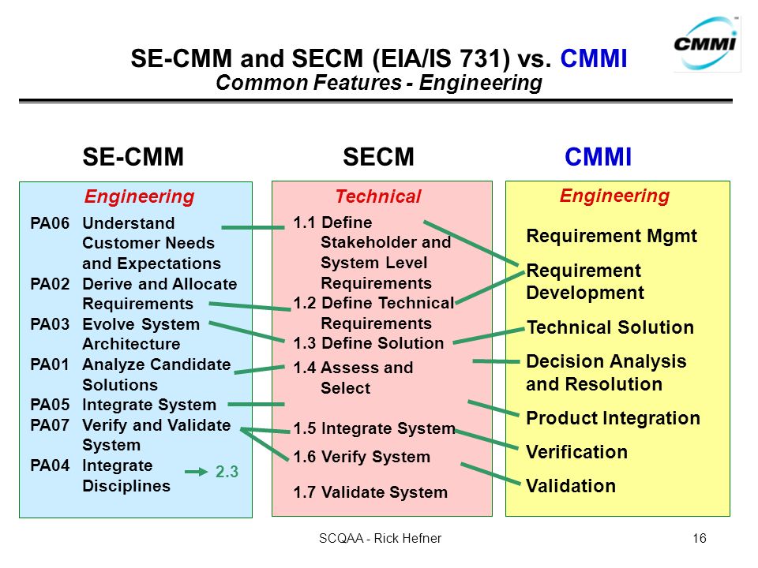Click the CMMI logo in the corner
tap(707, 43)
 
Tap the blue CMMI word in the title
tap(594, 58)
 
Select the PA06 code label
tap(50, 223)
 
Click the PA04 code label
tap(50, 465)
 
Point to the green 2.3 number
tap(227, 472)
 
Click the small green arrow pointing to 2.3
tap(197, 472)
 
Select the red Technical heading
tap(378, 196)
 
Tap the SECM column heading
tap(378, 156)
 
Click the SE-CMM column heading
tap(133, 156)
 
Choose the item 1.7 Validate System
tap(370, 492)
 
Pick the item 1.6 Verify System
tap(362, 457)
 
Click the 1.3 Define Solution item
tap(369, 343)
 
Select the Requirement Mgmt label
tap(611, 236)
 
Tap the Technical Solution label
tap(610, 327)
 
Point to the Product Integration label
tap(613, 418)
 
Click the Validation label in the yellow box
tap(571, 486)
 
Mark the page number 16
tap(700, 538)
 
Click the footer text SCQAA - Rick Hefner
tap(380, 538)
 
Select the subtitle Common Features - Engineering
tap(379, 83)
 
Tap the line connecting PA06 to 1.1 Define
tap(253, 227)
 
